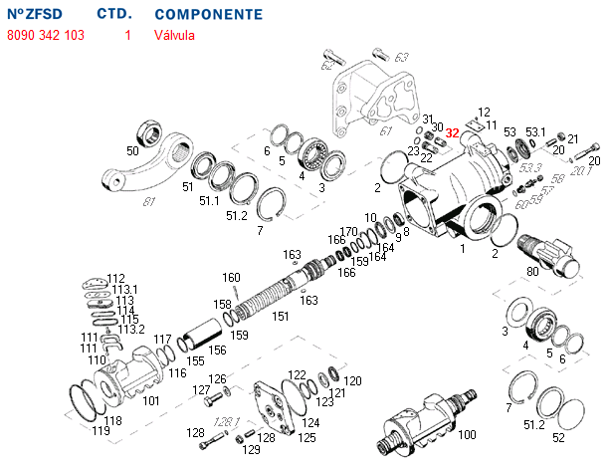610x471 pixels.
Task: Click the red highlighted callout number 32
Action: click(453, 132)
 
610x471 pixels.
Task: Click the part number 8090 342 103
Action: click(46, 35)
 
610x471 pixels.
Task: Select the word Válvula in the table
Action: click(175, 35)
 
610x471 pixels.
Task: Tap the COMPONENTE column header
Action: click(209, 15)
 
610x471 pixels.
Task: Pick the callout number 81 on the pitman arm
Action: click(150, 202)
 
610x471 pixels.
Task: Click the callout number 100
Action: click(467, 434)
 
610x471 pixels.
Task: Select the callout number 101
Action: click(150, 401)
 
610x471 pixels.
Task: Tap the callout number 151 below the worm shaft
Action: click(282, 316)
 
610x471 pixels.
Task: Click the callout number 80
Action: click(532, 272)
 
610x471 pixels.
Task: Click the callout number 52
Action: click(558, 437)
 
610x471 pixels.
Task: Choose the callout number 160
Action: click(231, 277)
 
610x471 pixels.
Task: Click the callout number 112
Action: click(116, 278)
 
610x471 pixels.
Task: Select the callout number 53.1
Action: click(536, 131)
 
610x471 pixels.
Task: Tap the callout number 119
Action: click(101, 430)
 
